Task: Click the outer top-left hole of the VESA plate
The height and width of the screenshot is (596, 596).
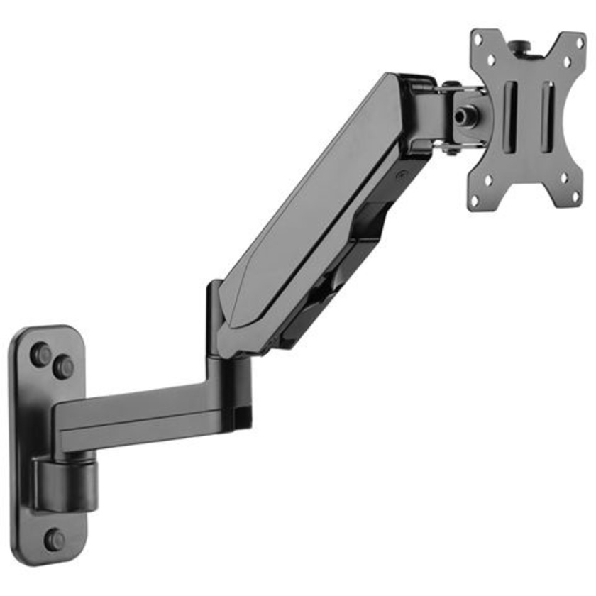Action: (x=480, y=39)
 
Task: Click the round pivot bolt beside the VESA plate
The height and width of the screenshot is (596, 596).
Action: (x=465, y=114)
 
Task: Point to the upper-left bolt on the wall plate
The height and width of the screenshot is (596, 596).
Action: (x=40, y=353)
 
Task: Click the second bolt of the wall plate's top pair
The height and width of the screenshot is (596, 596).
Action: (x=64, y=367)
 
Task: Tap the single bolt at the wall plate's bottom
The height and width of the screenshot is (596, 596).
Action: (x=54, y=539)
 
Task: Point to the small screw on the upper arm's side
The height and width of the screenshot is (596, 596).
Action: (x=402, y=173)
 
